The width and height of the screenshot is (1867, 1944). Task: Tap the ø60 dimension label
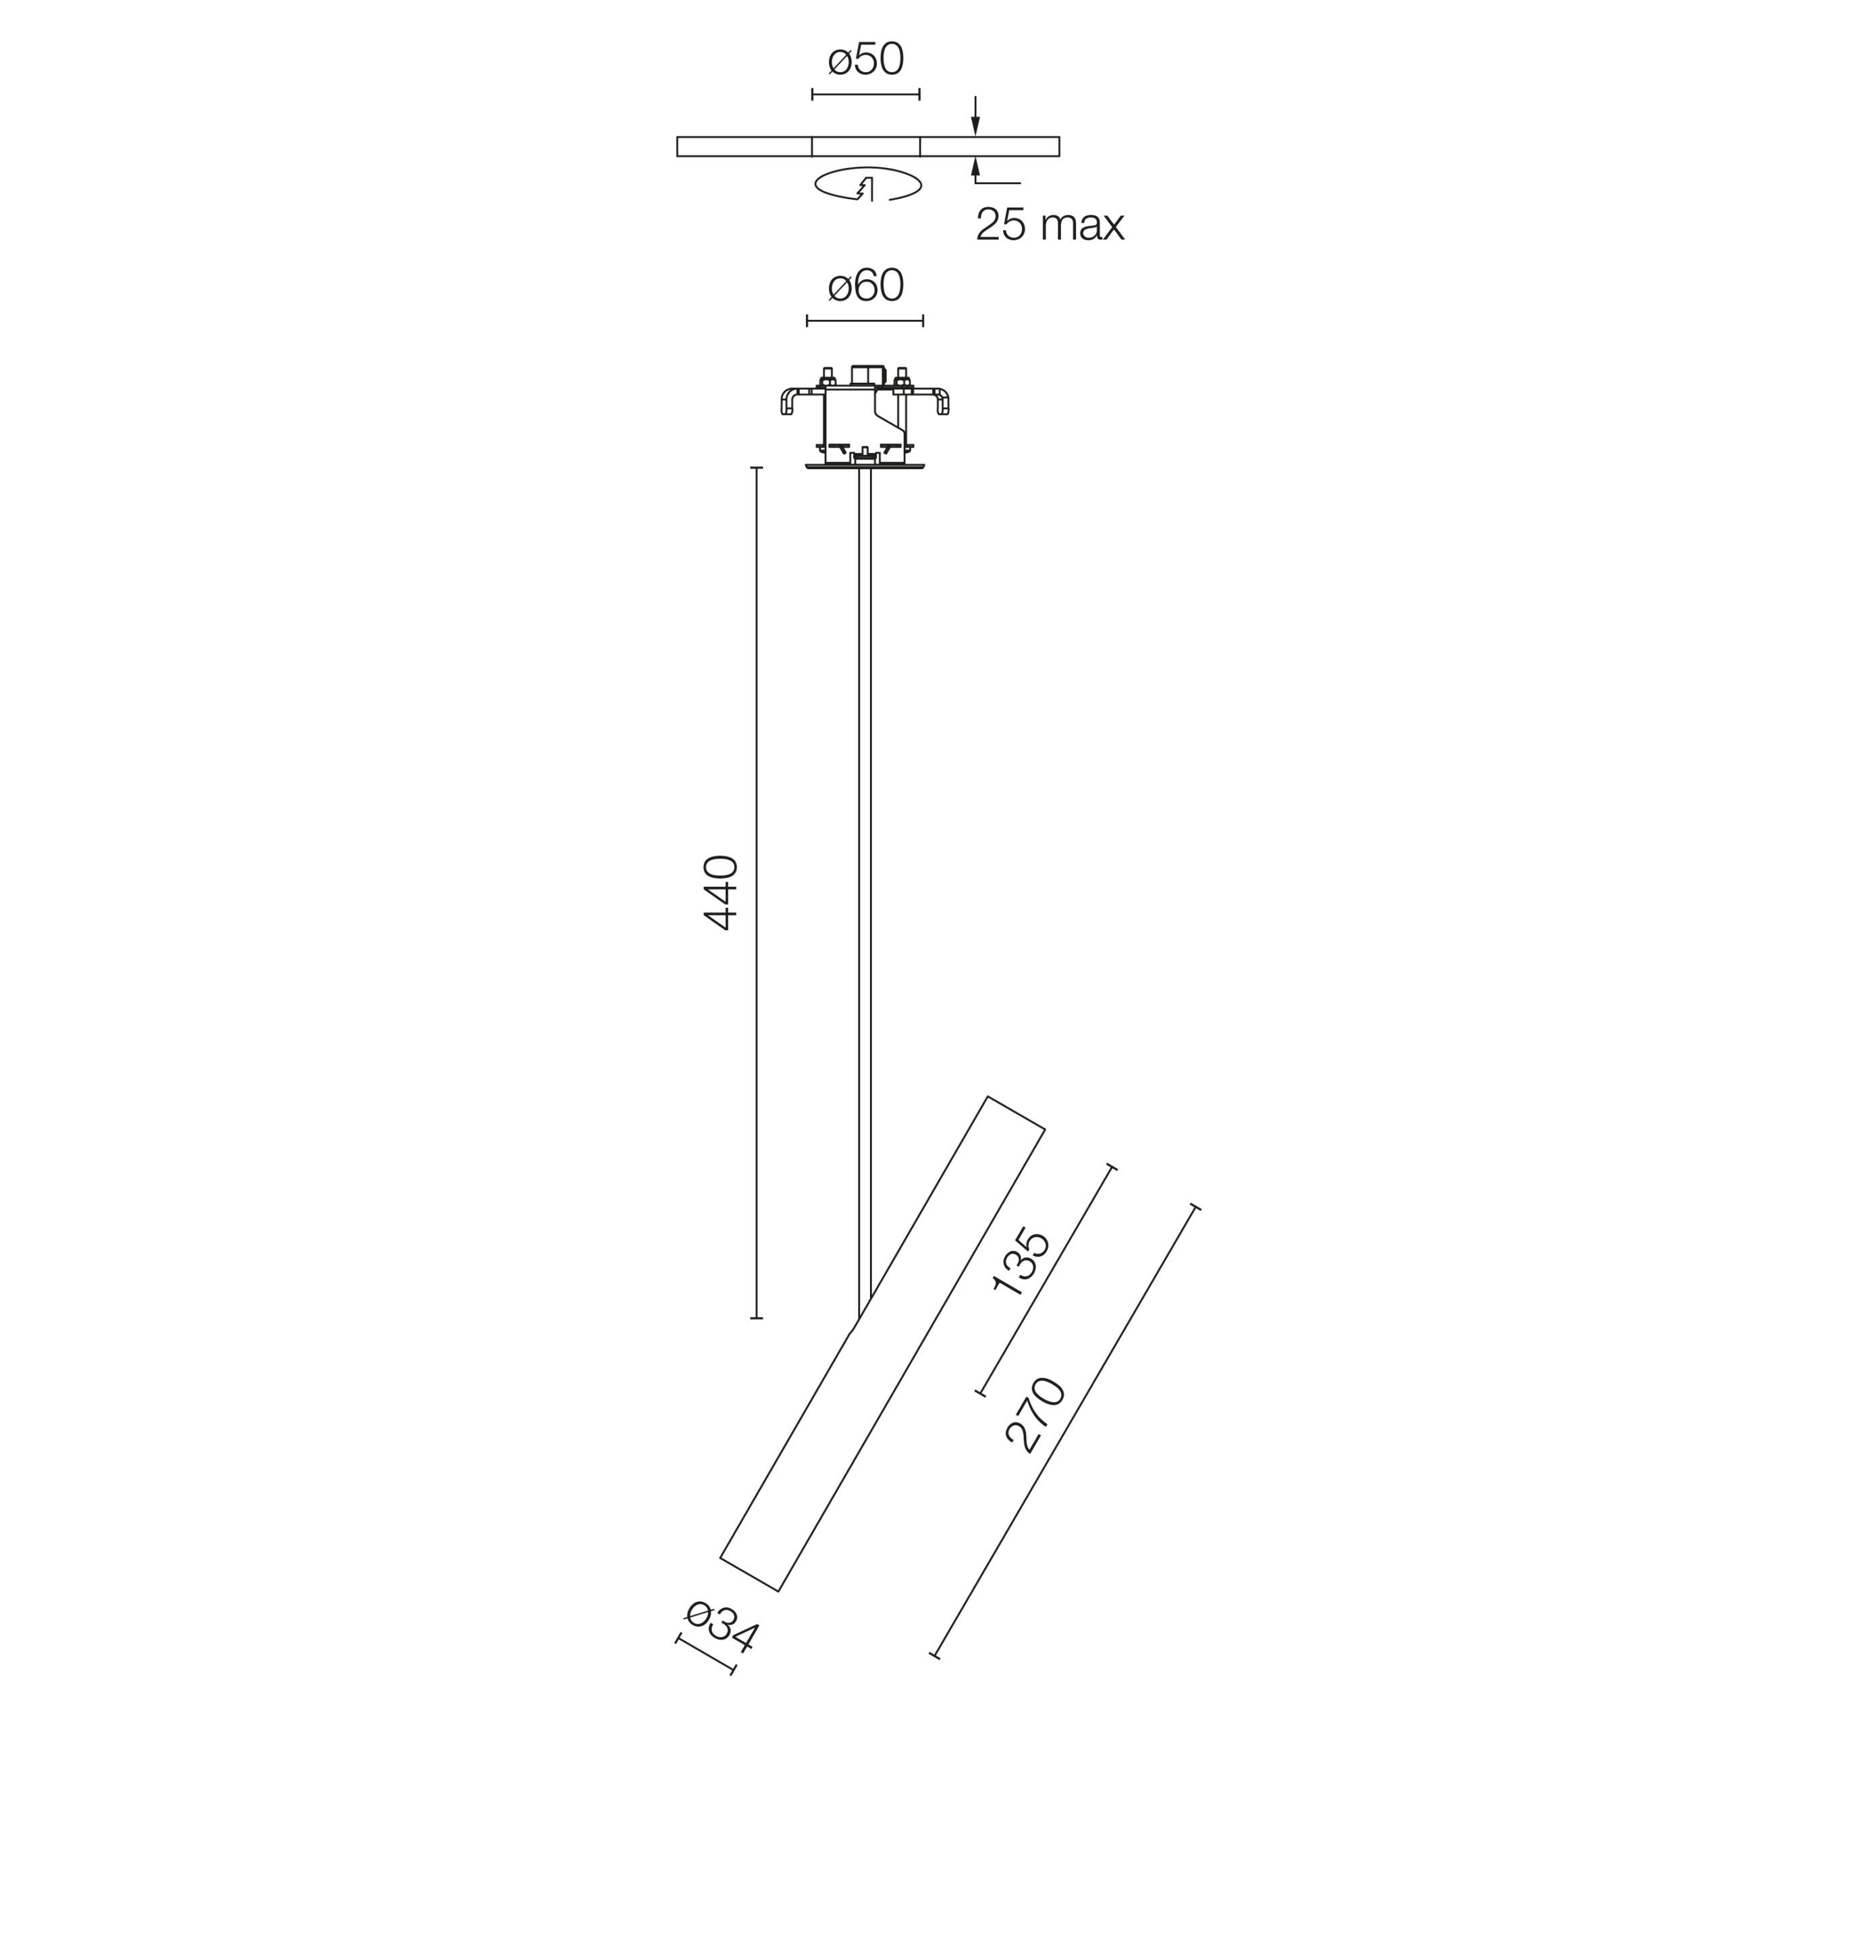pos(865,286)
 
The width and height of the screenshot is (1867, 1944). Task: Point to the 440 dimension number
pos(720,892)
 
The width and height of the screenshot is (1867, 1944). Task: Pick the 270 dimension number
pos(1035,1415)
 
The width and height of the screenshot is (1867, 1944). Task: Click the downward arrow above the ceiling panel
pos(975,119)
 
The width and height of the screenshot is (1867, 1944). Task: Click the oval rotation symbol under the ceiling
pos(867,184)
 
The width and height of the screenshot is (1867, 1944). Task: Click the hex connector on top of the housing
pos(867,374)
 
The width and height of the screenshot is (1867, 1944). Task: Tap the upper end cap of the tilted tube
pos(1016,1113)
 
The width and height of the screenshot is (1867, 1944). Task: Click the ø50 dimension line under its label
pos(865,94)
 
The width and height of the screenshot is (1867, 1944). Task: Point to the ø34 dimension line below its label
pos(705,1654)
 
